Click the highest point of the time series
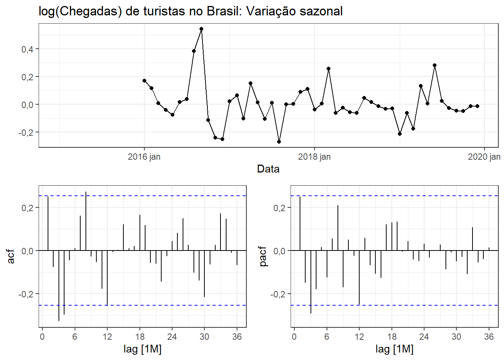[201, 29]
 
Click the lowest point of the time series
[279, 142]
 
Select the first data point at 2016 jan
[144, 81]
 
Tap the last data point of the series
[477, 106]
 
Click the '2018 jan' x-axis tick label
[314, 157]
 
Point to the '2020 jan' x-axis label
[484, 157]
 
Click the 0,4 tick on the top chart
[27, 49]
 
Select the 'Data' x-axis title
[268, 169]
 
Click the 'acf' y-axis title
[11, 256]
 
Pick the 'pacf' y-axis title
[263, 256]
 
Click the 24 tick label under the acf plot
[172, 337]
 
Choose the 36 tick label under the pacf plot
[489, 337]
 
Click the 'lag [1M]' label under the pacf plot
[394, 349]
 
